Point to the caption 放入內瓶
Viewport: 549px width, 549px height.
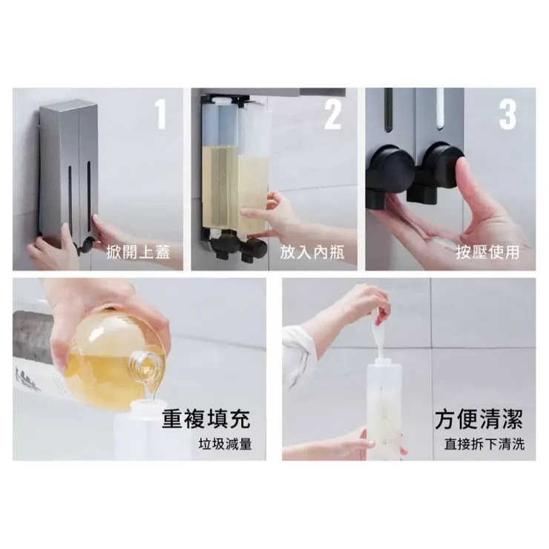click(312, 252)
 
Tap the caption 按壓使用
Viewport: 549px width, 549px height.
click(487, 252)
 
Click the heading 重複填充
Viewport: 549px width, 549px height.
click(206, 418)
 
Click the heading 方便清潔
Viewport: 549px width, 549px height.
click(479, 418)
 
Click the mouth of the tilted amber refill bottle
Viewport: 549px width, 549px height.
click(151, 364)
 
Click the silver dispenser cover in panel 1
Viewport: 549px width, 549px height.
click(68, 163)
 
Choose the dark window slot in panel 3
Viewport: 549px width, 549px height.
click(389, 111)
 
